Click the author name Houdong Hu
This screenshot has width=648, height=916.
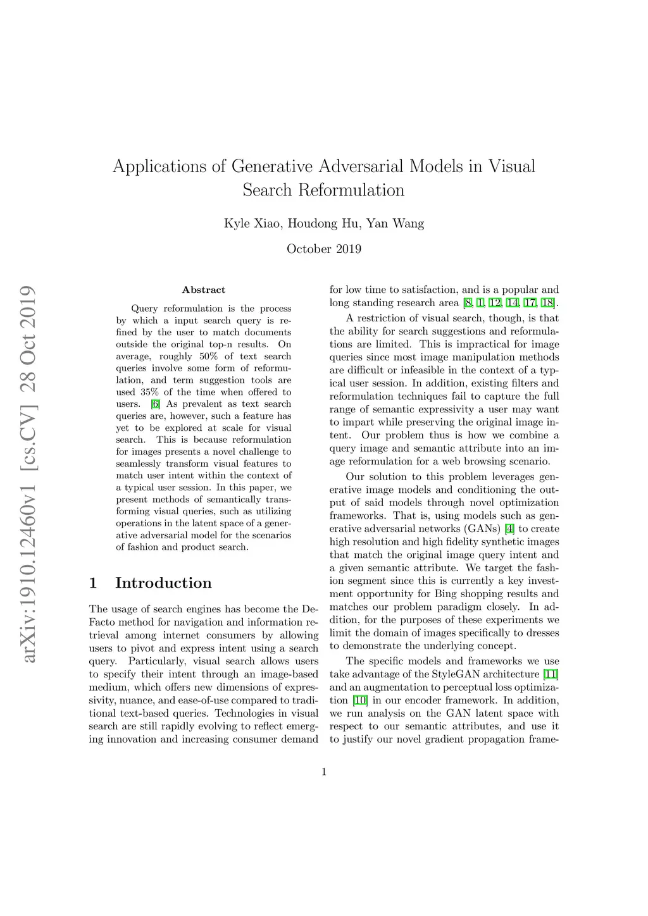pos(324,223)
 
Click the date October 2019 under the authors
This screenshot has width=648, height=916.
pos(324,249)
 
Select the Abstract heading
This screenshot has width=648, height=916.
pos(204,290)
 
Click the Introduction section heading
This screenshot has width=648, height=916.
pos(163,583)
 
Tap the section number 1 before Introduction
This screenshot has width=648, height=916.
pos(94,583)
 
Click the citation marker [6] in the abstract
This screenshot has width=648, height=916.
pos(156,404)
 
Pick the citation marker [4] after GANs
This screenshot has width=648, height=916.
pos(509,529)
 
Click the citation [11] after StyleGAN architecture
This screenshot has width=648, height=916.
pos(551,674)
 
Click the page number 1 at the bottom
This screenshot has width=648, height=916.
pos(324,772)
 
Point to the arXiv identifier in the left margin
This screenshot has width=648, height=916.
pos(28,474)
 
